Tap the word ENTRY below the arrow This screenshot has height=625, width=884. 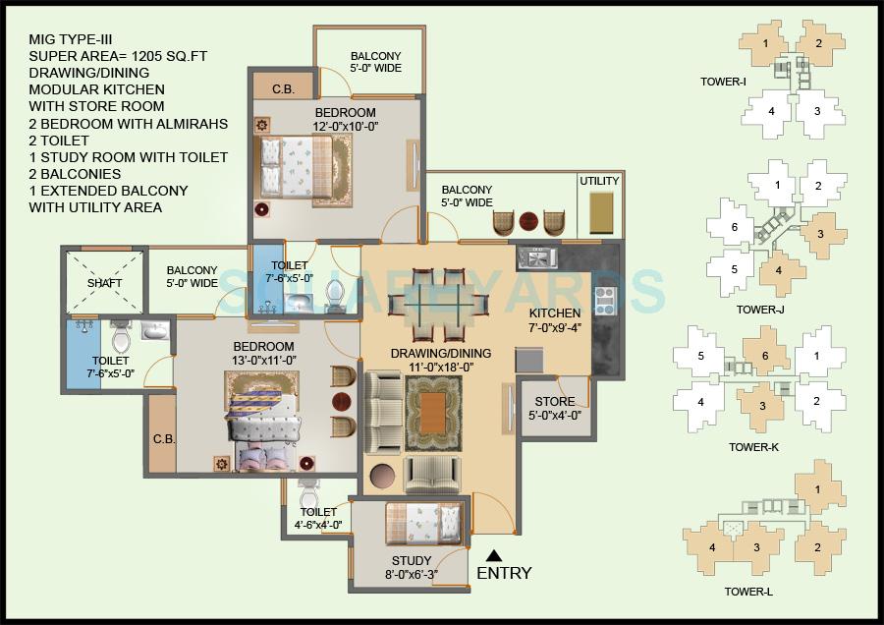coord(504,573)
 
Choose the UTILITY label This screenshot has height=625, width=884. coord(599,182)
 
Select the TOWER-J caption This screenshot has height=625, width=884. coord(759,310)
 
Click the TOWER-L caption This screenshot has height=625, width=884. coord(749,591)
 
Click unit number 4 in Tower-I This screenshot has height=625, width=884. coord(772,111)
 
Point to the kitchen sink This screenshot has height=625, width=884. coord(538,257)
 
